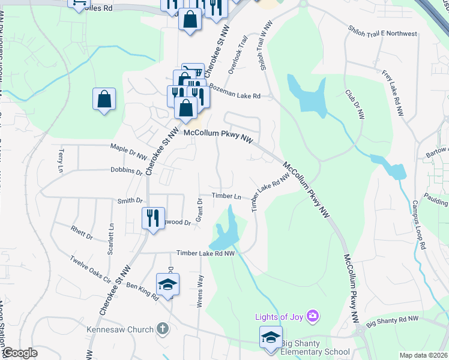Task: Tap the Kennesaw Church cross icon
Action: pos(161,328)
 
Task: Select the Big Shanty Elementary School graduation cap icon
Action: pos(271,337)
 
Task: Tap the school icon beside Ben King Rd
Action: pos(167,284)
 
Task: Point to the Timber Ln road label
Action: pos(226,196)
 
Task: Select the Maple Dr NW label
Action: pos(128,151)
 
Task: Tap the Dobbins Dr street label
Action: pos(126,172)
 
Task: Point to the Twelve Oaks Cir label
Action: pos(91,270)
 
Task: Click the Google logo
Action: pos(20,353)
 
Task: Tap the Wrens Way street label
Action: pos(200,292)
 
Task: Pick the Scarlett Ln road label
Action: pos(110,239)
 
